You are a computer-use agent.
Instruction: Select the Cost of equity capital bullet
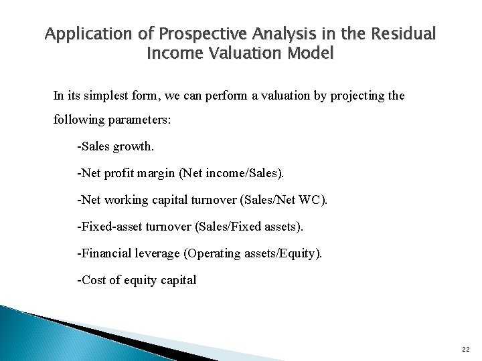point(137,280)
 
